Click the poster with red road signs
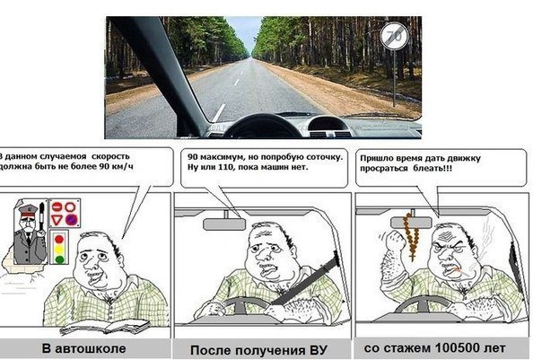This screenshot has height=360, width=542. [63, 214]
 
